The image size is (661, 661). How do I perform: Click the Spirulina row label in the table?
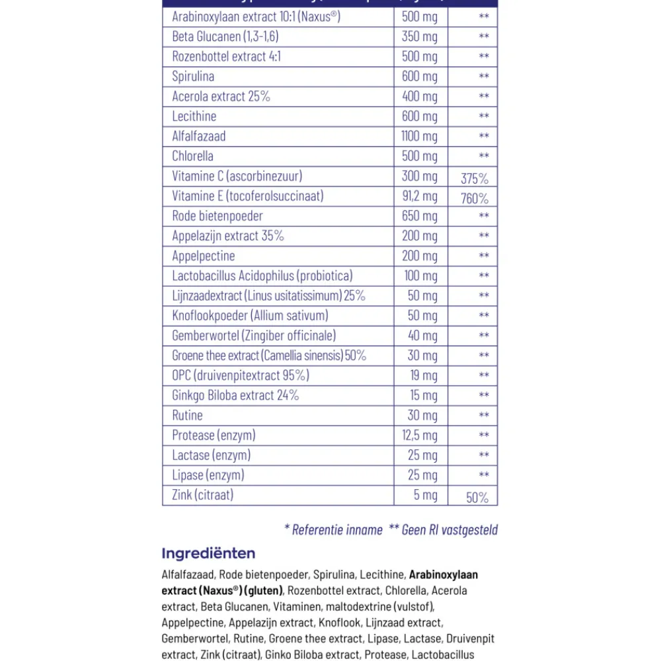pos(193,77)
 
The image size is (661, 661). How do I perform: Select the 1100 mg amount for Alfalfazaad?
pos(419,136)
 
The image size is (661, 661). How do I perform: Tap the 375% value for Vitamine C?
pos(474,178)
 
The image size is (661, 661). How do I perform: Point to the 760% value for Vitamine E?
pos(474,198)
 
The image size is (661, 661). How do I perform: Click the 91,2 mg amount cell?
pos(419,196)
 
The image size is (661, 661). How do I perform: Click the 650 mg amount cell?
pos(419,216)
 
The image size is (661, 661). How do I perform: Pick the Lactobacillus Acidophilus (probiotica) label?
pos(262,276)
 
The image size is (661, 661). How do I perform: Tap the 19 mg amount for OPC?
pos(423,375)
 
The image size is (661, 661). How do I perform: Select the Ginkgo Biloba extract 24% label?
pos(235,395)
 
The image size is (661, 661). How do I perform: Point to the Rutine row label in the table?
pos(187,415)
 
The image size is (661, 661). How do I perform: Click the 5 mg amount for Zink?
pos(426,494)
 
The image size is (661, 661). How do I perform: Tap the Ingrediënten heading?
pos(208,553)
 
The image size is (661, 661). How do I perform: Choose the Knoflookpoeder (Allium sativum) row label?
pos(250,315)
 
